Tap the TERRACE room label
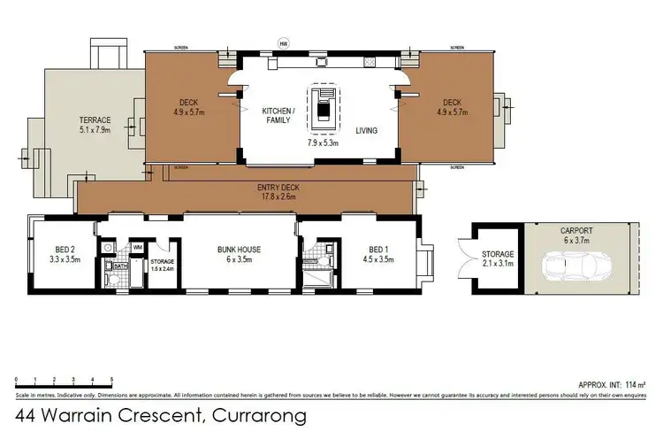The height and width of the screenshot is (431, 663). (x=95, y=119)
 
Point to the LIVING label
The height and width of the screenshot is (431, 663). (x=366, y=130)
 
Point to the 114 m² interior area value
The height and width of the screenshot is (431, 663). (x=634, y=386)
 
